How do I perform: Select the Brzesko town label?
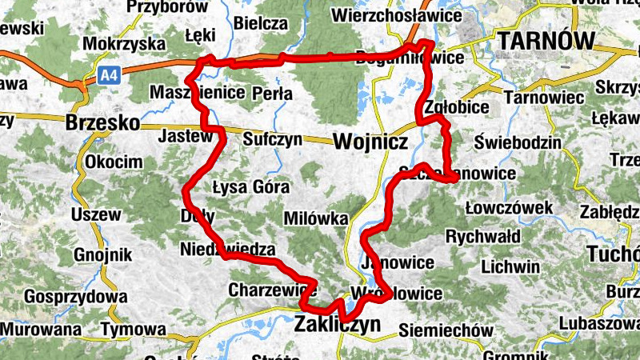click(102, 124)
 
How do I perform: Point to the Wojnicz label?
click(370, 142)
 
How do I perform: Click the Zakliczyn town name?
click(336, 324)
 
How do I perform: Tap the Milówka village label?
click(316, 219)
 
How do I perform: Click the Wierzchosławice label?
click(397, 15)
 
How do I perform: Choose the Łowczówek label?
click(509, 209)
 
